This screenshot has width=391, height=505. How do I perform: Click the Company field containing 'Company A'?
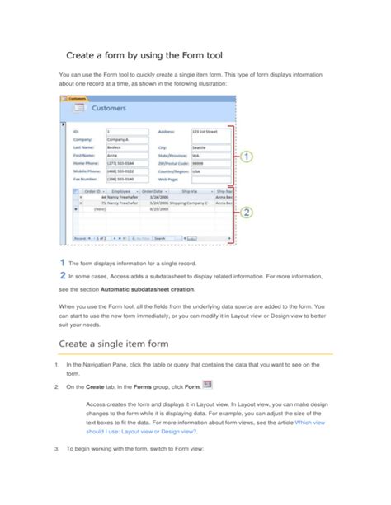(125, 139)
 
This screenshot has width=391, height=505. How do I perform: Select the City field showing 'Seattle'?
(210, 147)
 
